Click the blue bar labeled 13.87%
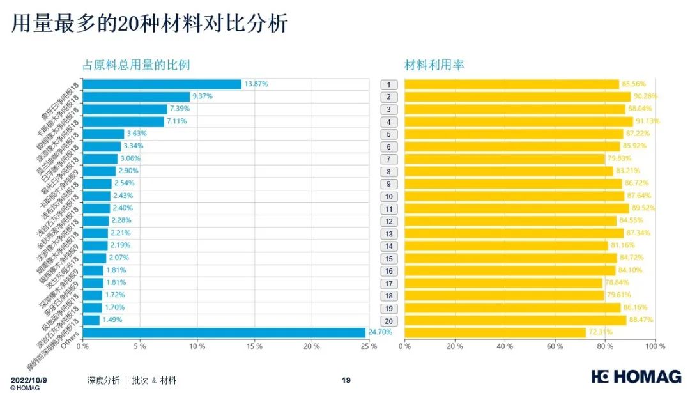[x=162, y=84]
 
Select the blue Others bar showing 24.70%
[x=224, y=332]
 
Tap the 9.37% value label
[x=203, y=96]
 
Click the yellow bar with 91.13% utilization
[x=518, y=121]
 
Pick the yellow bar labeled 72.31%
[x=495, y=332]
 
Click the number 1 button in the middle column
[x=388, y=84]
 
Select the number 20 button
[x=388, y=320]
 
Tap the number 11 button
[x=388, y=208]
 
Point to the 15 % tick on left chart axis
[x=254, y=346]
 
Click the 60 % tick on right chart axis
[x=555, y=346]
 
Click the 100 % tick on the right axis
[x=655, y=346]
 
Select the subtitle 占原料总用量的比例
[x=136, y=65]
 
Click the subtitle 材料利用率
[x=434, y=65]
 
